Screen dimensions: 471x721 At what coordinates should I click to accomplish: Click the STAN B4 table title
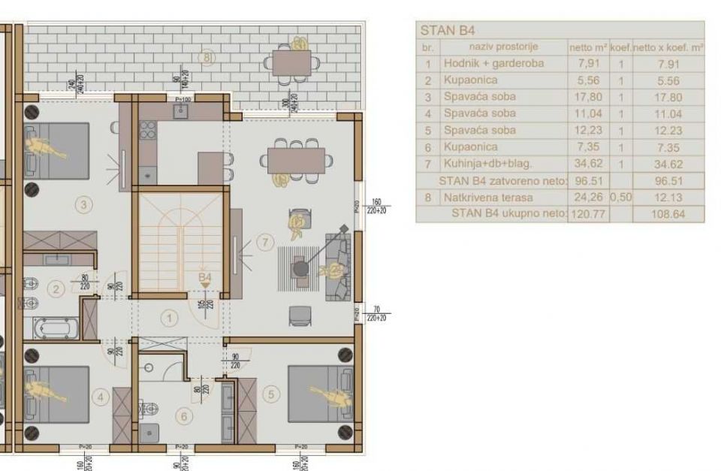[448, 31]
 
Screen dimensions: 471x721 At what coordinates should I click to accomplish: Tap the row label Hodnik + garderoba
[493, 64]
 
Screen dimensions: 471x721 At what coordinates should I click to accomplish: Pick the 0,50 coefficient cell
[620, 198]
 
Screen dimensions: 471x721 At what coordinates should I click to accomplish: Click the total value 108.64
[668, 214]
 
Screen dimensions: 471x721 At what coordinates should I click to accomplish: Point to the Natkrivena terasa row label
[487, 198]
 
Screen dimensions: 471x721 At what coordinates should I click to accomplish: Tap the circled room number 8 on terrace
[207, 57]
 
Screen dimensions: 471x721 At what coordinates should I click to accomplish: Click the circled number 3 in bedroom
[84, 204]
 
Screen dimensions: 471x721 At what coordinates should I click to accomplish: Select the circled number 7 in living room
[263, 242]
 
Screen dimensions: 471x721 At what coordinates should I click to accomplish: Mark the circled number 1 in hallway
[170, 319]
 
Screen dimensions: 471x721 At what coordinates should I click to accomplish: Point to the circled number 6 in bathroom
[182, 414]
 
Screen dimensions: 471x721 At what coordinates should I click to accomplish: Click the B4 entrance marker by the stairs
[205, 278]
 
